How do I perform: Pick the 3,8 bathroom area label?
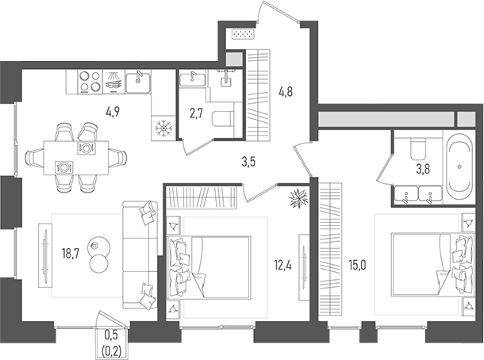[x=424, y=168]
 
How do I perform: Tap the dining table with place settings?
[x=75, y=156]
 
